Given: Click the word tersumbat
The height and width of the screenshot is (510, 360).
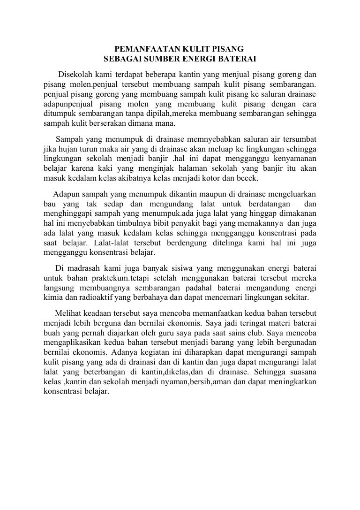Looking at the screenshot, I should tap(299, 139).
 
